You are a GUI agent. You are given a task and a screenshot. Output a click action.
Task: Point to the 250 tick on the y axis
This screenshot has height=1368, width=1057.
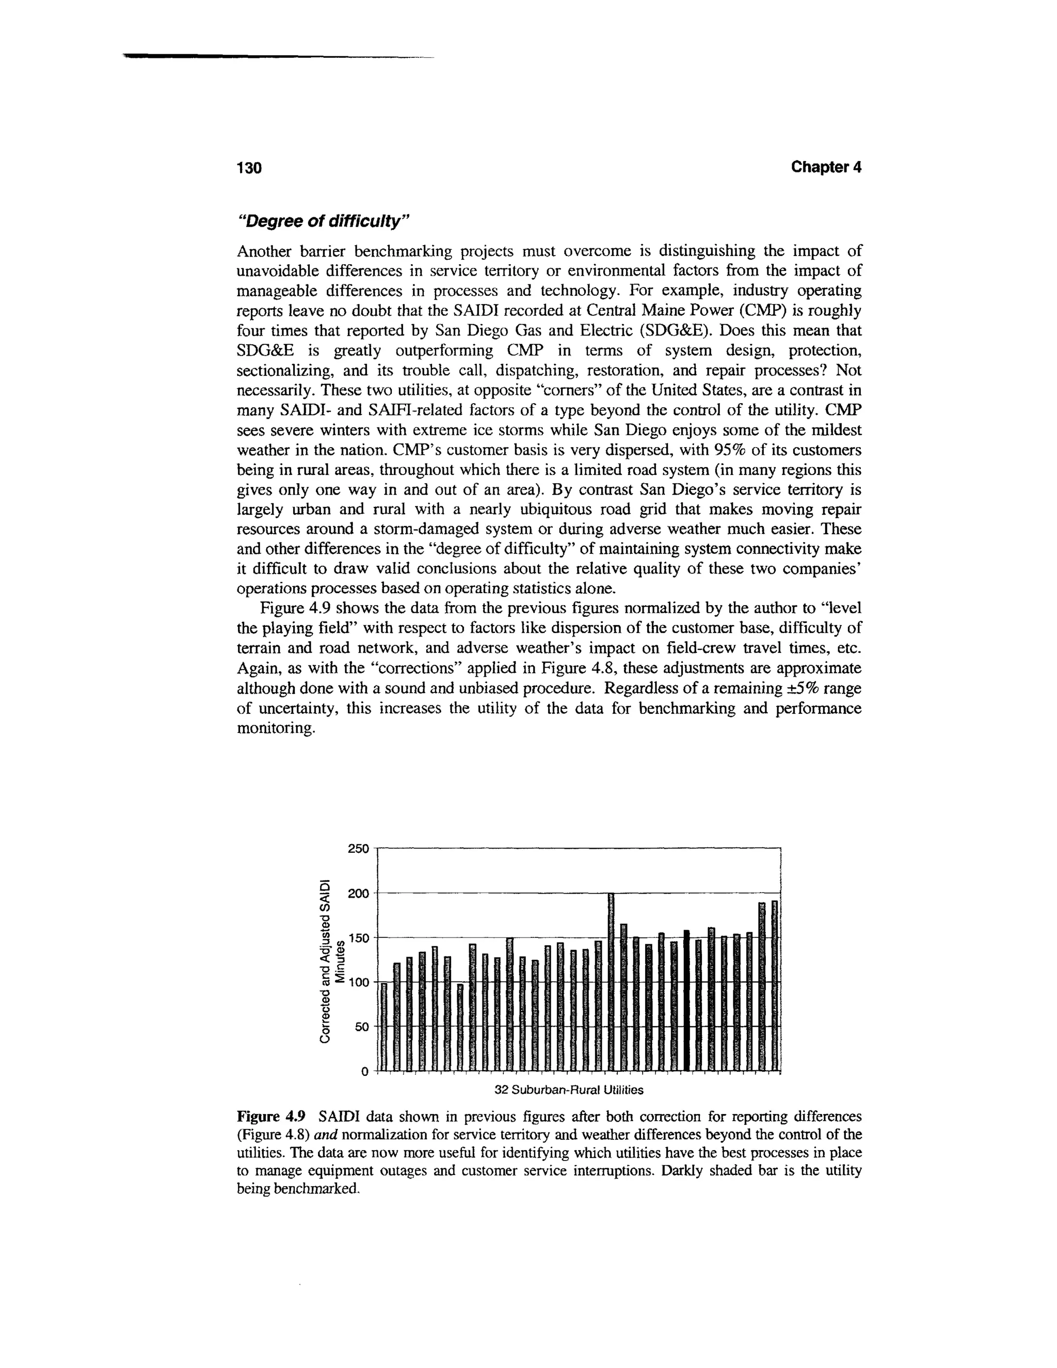358,849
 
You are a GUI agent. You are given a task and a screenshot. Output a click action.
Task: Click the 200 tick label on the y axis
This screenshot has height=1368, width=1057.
358,893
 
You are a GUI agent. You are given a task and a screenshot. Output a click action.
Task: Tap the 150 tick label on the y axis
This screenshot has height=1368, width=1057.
358,937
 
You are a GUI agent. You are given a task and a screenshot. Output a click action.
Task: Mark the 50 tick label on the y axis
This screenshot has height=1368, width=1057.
361,1027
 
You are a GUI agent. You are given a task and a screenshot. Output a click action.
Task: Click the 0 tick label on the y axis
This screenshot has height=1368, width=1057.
365,1072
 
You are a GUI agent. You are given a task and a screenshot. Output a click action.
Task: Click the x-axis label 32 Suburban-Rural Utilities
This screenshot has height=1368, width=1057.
569,1090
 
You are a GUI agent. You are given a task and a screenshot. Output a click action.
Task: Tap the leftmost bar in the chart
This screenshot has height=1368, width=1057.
384,1027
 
